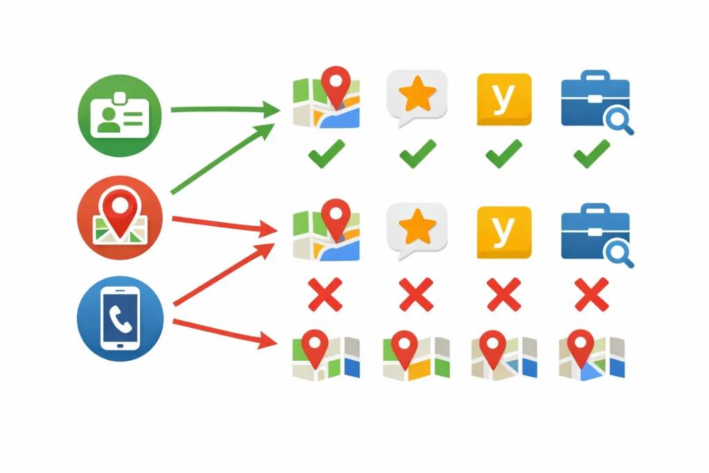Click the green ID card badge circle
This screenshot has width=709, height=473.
[x=120, y=116]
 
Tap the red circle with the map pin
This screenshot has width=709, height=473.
[x=120, y=217]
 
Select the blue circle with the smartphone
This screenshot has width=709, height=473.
[x=120, y=319]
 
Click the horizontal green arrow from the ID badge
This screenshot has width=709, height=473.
[x=225, y=109]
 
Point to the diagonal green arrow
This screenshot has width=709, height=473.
[x=222, y=159]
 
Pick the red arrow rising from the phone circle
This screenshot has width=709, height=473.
[x=224, y=274]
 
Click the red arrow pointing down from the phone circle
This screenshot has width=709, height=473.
[x=225, y=333]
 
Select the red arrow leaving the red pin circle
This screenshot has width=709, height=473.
[x=225, y=224]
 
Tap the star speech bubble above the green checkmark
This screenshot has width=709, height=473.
[x=417, y=97]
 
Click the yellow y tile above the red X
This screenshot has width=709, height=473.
[x=504, y=233]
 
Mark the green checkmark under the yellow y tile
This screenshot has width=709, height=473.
[x=504, y=154]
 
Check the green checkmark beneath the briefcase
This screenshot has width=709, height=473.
[x=592, y=154]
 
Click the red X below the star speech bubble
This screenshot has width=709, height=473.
[x=416, y=295]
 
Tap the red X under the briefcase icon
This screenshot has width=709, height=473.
[x=591, y=295]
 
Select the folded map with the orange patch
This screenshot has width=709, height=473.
[x=416, y=355]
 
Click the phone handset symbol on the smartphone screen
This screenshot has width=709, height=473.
[x=120, y=319]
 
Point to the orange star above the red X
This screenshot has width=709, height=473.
[x=418, y=226]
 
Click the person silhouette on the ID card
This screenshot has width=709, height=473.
[x=109, y=120]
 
